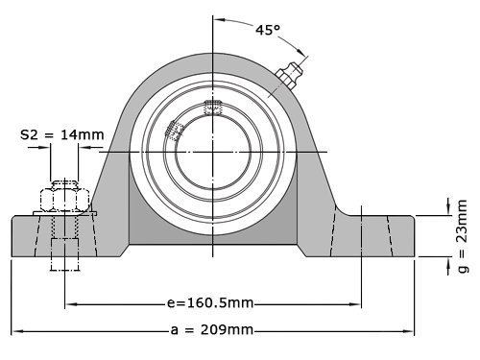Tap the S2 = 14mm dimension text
click(x=62, y=134)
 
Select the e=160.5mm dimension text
click(x=210, y=303)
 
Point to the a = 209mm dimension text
click(x=212, y=330)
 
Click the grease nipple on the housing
click(x=289, y=74)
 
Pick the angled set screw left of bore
click(x=175, y=132)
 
